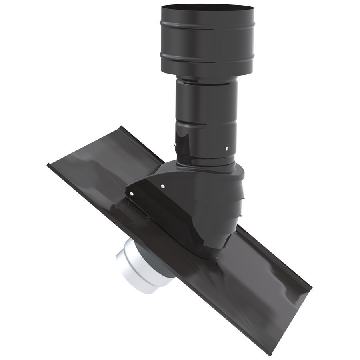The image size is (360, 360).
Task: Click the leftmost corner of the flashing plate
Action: tap(48, 165)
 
